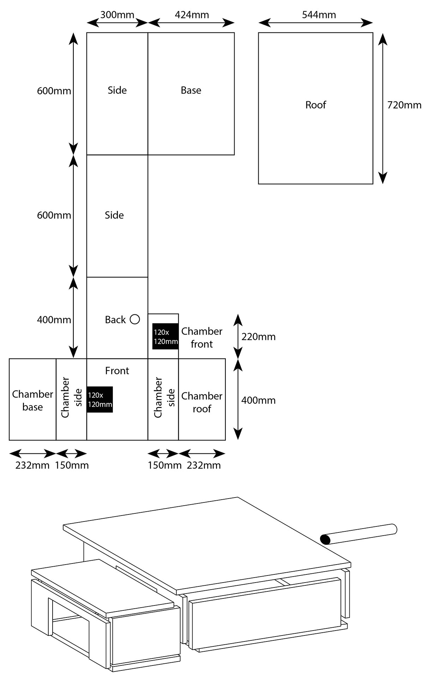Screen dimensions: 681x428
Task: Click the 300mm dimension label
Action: coord(117,15)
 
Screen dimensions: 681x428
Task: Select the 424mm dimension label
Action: coord(192,15)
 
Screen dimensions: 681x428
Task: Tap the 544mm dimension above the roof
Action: coord(319,15)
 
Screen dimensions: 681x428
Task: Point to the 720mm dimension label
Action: coord(404,105)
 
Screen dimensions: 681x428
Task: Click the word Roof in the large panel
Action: coord(315,105)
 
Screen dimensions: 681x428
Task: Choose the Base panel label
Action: coord(191,90)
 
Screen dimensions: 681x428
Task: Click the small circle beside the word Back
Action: coord(135,319)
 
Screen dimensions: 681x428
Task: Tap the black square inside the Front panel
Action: coord(100,399)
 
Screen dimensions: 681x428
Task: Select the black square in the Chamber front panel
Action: coord(165,336)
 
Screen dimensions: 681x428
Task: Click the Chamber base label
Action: coord(32,400)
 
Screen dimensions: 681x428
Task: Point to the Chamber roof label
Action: coord(202,402)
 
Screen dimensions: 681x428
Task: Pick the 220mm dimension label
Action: coord(258,337)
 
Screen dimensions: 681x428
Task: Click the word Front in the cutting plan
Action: coord(117,370)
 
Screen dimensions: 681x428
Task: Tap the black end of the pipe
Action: coord(325,539)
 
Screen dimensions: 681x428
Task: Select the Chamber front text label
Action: coord(202,338)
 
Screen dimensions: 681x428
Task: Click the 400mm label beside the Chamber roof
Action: coord(258,400)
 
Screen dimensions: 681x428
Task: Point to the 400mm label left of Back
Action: coord(54,320)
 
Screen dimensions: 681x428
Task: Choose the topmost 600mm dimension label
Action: coord(54,91)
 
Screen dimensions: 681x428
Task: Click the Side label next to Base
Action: coord(117,90)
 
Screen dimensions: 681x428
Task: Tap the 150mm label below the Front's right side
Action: coord(164,465)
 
